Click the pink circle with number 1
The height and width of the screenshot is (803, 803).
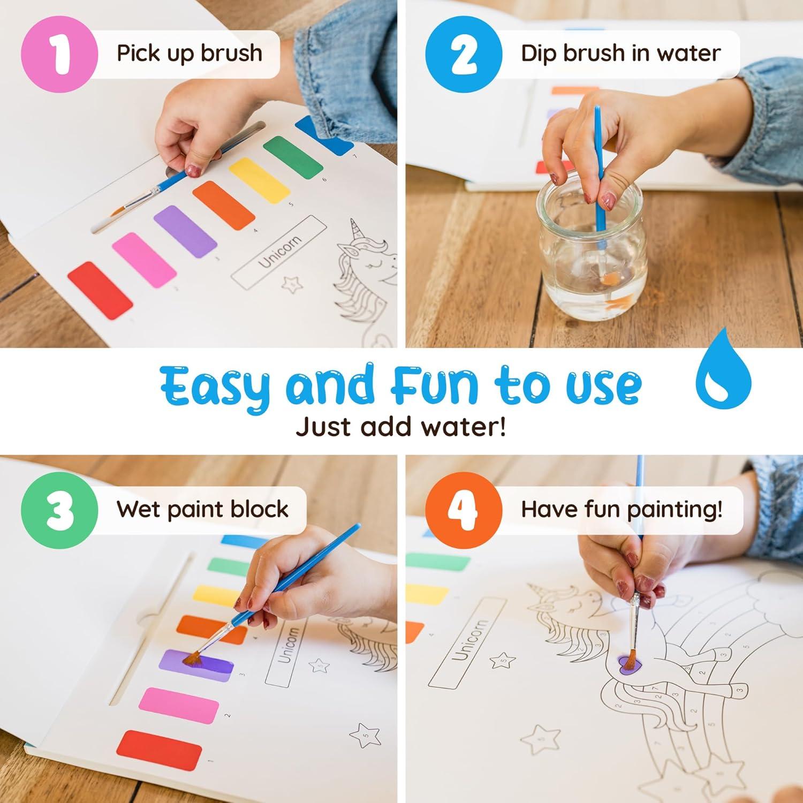pyautogui.click(x=59, y=54)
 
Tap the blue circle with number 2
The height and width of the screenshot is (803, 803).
pyautogui.click(x=464, y=54)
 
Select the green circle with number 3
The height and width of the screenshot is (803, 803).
pyautogui.click(x=59, y=510)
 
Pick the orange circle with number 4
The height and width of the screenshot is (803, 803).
pyautogui.click(x=464, y=510)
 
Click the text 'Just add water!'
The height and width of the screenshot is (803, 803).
pyautogui.click(x=401, y=427)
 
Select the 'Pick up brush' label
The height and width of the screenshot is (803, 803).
pyautogui.click(x=189, y=54)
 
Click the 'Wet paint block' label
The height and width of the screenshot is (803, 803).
pyautogui.click(x=202, y=509)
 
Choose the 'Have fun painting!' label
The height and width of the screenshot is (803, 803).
pyautogui.click(x=621, y=509)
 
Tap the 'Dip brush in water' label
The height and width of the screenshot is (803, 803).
pyautogui.click(x=620, y=54)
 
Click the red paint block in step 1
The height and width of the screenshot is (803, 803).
pyautogui.click(x=100, y=290)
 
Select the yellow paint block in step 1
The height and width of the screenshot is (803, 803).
pyautogui.click(x=259, y=180)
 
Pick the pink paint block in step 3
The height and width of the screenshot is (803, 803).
pyautogui.click(x=178, y=705)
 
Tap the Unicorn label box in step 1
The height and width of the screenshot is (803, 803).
pyautogui.click(x=279, y=250)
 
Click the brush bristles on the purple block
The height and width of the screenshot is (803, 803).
pyautogui.click(x=192, y=658)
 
